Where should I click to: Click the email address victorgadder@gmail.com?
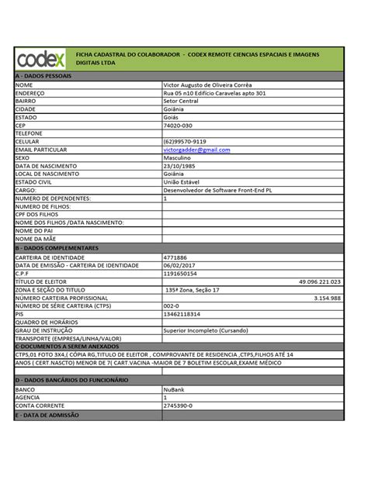(197, 149)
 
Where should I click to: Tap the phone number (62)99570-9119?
(186, 141)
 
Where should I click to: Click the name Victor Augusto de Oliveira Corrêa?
(207, 85)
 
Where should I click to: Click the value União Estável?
(183, 181)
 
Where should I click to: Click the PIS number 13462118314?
(182, 314)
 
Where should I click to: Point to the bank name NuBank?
(174, 388)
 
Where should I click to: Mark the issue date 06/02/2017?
(179, 265)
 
